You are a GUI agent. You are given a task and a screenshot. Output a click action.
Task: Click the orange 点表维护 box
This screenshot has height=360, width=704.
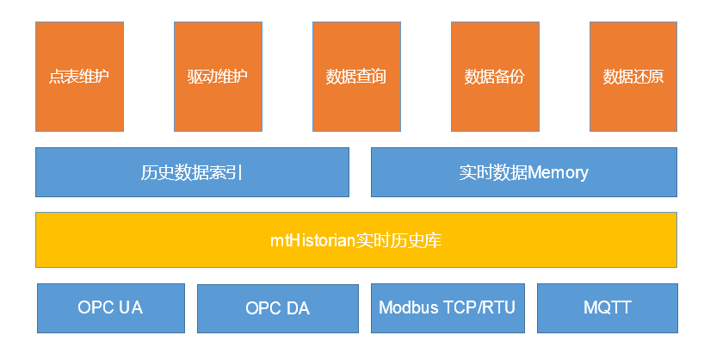coord(79,76)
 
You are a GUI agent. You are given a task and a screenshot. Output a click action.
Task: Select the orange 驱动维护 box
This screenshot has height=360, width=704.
coord(217,76)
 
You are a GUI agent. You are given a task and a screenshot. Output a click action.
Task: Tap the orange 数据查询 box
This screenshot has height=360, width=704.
coord(355,76)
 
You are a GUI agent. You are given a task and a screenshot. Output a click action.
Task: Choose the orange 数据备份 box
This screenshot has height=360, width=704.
coord(494,76)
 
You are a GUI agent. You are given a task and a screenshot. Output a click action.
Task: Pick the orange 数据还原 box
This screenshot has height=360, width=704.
coord(633,76)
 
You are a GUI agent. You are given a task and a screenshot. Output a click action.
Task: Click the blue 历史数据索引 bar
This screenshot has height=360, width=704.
coord(192,172)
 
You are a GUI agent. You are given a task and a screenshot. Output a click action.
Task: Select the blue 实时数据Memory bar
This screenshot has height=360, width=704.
coord(523,172)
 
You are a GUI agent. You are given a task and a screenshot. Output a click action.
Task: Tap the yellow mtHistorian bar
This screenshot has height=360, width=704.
coord(355,239)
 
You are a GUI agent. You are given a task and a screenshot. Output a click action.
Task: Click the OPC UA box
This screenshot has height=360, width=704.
coord(110,307)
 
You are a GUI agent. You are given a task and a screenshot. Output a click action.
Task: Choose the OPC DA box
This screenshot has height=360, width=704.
coord(277,308)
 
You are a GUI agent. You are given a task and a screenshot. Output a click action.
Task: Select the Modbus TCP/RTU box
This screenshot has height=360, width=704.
coord(447,307)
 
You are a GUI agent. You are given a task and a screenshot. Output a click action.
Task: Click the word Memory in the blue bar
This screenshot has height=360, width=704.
coord(559,172)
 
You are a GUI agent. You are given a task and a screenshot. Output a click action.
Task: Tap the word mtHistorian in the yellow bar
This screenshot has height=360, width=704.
coord(313,240)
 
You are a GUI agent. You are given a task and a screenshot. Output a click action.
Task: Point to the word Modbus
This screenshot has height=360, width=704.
coord(409,307)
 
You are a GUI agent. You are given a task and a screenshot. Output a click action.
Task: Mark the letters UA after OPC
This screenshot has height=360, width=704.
coord(132,307)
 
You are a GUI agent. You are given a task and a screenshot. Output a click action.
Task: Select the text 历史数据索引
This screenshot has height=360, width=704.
coord(192,172)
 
